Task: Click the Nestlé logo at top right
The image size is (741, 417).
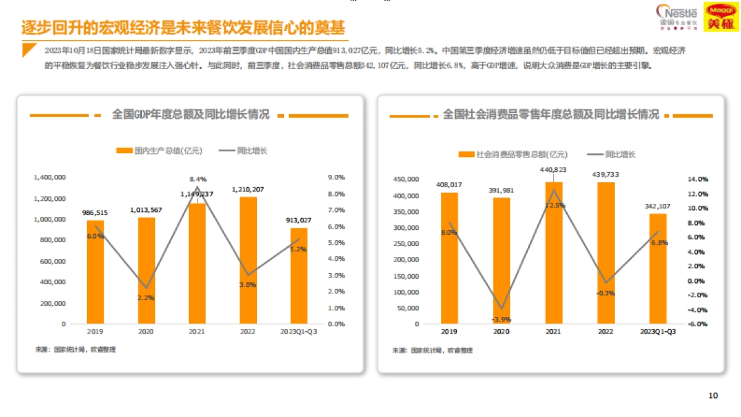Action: [677, 16]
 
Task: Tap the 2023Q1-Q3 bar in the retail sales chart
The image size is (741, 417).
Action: [658, 268]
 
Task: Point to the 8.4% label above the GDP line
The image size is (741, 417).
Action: [198, 179]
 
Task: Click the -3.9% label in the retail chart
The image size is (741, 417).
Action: [501, 319]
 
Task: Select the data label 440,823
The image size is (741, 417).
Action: [553, 169]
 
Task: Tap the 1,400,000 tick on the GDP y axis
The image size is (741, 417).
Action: [51, 177]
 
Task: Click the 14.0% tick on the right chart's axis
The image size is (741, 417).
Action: [698, 179]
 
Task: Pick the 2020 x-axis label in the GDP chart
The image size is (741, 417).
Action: [146, 332]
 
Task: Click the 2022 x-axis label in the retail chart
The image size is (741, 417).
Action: [606, 332]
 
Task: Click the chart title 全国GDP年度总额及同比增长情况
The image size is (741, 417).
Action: [190, 115]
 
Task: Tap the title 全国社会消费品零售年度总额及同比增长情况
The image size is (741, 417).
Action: [551, 115]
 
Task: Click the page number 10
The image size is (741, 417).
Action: [713, 396]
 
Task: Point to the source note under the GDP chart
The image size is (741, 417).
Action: [75, 350]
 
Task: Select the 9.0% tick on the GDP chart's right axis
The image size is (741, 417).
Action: [336, 177]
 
